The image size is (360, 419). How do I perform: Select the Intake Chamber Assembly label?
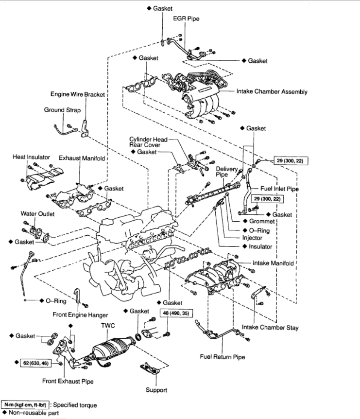pyautogui.click(x=272, y=91)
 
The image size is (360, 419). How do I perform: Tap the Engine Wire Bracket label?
pyautogui.click(x=78, y=94)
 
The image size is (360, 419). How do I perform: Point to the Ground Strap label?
pyautogui.click(x=62, y=110)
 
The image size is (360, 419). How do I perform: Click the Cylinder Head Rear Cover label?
pyautogui.click(x=148, y=142)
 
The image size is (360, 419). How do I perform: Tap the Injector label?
pyautogui.click(x=252, y=238)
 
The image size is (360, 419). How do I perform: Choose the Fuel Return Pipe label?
pyautogui.click(x=222, y=357)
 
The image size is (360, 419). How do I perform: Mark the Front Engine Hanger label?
pyautogui.click(x=80, y=314)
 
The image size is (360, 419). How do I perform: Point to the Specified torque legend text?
pyautogui.click(x=75, y=404)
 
